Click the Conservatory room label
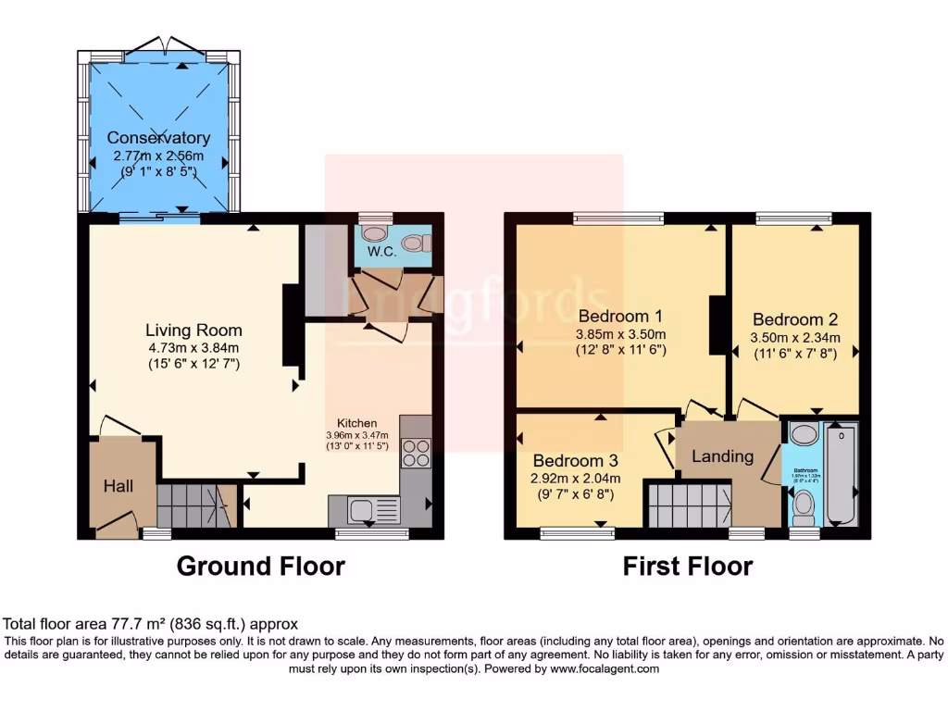click(x=157, y=138)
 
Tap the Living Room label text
click(x=193, y=330)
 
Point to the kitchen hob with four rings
click(x=416, y=453)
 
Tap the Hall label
click(x=118, y=486)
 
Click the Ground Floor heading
click(x=260, y=566)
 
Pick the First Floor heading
click(x=688, y=566)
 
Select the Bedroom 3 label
click(x=575, y=460)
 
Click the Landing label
click(x=723, y=455)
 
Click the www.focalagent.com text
click(x=605, y=668)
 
